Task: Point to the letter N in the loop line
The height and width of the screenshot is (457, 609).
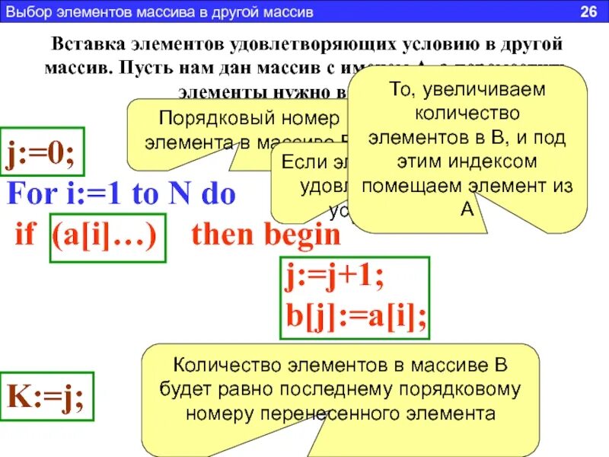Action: pyautogui.click(x=178, y=194)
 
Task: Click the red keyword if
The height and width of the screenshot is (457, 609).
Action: pyautogui.click(x=25, y=235)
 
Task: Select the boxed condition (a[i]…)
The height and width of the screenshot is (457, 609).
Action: pyautogui.click(x=107, y=235)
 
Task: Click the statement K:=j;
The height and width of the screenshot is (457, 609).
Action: pyautogui.click(x=46, y=396)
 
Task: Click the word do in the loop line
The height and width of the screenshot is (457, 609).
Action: pyautogui.click(x=218, y=194)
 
